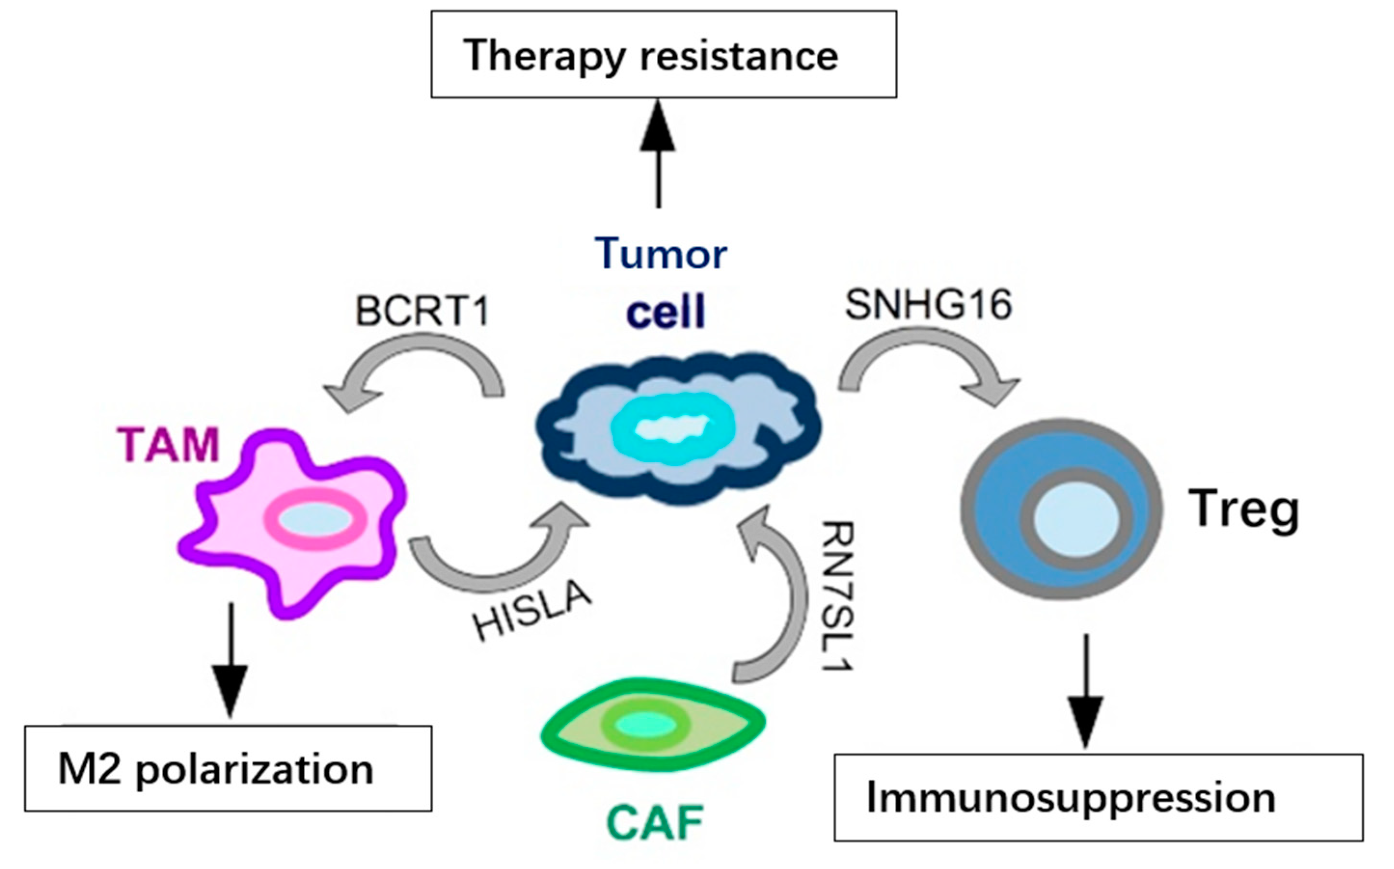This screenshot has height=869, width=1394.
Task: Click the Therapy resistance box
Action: coord(663,55)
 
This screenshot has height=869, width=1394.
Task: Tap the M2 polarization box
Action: coord(228,769)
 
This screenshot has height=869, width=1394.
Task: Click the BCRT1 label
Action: coord(422,311)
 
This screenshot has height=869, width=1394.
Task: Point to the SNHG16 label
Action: coord(928,304)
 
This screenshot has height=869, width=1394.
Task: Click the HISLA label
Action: coord(531,611)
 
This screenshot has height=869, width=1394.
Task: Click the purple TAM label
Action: coord(168,445)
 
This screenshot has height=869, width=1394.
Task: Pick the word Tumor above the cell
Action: coord(661,253)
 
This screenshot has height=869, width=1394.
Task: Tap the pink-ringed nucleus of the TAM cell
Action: coord(315,520)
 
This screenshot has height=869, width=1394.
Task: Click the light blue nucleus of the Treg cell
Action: coord(1076,520)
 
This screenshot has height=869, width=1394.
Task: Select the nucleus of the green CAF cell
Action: coord(645,725)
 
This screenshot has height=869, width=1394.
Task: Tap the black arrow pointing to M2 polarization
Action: coord(230,661)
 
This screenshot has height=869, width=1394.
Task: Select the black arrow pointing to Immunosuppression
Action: coord(1085,690)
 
